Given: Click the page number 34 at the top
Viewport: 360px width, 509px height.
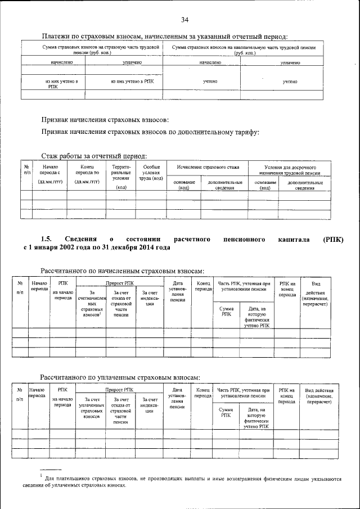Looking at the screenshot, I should [184, 20].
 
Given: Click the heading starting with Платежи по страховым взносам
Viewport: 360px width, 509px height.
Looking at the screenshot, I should [165, 37].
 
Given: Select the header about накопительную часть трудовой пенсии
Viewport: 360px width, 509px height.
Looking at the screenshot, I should [244, 51].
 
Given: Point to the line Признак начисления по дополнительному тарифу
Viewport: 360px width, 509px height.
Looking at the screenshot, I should [150, 132].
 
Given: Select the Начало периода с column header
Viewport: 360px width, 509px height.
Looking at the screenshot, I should [50, 174].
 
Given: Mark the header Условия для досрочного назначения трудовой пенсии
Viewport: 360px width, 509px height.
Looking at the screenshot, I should [289, 170].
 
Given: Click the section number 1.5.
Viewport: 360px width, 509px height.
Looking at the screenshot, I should [47, 239].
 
